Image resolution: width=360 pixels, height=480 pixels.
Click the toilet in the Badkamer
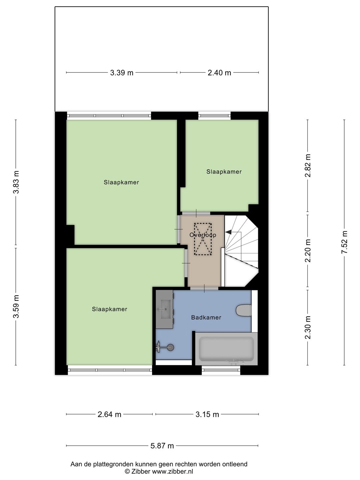tap(244, 310)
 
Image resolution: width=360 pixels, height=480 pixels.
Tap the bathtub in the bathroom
tap(226, 349)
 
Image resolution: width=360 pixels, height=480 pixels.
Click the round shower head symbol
tap(171, 347)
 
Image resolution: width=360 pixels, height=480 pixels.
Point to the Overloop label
tap(203, 235)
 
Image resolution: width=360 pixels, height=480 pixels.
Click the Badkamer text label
tap(206, 318)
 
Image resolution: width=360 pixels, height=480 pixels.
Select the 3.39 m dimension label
tap(122, 73)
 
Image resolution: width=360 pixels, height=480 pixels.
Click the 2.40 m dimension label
tap(219, 73)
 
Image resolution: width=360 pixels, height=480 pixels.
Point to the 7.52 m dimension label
tap(344, 242)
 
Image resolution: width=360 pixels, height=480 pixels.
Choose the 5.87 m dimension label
tap(162, 446)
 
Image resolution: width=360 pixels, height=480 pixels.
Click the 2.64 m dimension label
tap(109, 414)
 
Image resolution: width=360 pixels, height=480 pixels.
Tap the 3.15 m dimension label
tap(207, 414)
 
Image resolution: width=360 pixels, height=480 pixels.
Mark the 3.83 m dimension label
tap(16, 182)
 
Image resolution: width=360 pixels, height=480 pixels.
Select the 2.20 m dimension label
tap(308, 251)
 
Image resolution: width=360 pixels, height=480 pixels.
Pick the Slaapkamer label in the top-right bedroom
tap(224, 172)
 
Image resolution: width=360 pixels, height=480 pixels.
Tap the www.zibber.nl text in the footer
tap(173, 471)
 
